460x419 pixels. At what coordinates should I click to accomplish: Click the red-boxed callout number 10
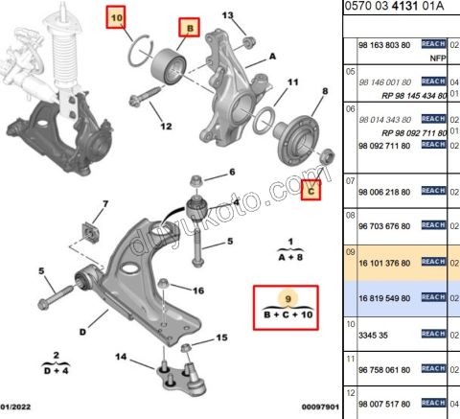click(x=115, y=17)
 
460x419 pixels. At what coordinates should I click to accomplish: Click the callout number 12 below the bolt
click(x=166, y=126)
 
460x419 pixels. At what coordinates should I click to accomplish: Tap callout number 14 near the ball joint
click(x=122, y=358)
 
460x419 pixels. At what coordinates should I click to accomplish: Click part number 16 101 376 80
click(x=383, y=261)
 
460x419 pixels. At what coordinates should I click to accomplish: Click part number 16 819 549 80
click(x=383, y=299)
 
